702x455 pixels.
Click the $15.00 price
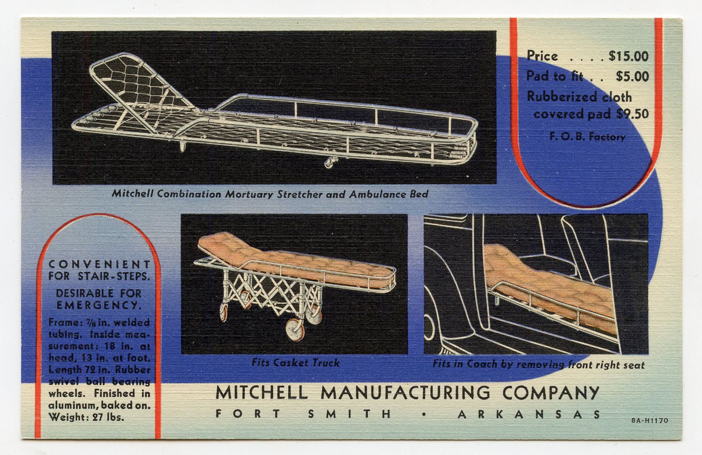coord(629,56)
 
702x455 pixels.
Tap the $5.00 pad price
coord(632,76)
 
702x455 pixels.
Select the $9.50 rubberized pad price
coord(633,114)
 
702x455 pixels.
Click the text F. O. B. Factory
coord(587,137)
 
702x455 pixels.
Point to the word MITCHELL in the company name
coord(262,392)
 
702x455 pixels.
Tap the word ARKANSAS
coord(529,414)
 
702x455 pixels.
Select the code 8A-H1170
coord(650,421)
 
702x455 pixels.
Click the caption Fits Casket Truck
coord(295,363)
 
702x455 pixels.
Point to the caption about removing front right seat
coord(539,364)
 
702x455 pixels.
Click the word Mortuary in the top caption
coord(249,194)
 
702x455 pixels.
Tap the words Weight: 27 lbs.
coord(86,417)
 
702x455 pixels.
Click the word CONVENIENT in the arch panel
coord(99,264)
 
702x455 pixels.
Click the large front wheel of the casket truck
coord(295,329)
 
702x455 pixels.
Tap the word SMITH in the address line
coord(350,414)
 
